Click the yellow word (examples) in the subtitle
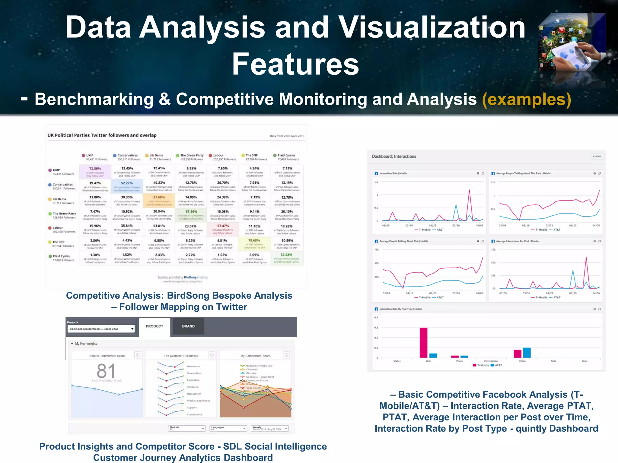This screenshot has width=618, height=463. pos(527,99)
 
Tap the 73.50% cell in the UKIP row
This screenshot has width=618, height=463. pos(95,171)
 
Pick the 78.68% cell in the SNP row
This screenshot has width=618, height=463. pos(254,244)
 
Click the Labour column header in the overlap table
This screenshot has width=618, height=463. pos(223,157)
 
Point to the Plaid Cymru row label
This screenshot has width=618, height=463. pos(62,258)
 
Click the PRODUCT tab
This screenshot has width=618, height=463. pos(154,326)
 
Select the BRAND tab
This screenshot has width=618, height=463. pos(188,326)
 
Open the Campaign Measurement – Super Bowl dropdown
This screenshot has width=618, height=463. pos(101,329)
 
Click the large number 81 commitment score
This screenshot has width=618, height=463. pos(106,371)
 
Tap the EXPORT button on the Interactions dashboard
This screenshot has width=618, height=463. pos(597,156)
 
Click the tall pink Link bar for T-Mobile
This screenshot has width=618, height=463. pos(423,342)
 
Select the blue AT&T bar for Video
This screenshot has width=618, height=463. pos(527,352)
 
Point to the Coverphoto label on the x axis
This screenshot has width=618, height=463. pos(491,361)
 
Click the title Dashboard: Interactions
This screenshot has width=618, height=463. pos(394,156)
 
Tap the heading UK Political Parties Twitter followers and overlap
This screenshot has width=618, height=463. pos(102,135)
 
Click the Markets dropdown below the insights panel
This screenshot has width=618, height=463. pos(187,428)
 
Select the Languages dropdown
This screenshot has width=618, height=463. pos(228,428)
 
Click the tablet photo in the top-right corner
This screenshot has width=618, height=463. pos(572,42)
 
